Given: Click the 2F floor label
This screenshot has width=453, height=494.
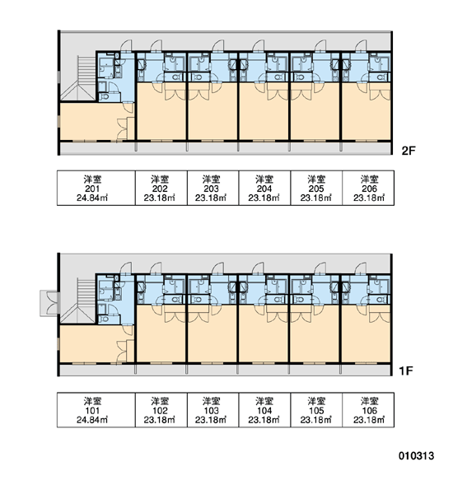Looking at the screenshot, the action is click(409, 151).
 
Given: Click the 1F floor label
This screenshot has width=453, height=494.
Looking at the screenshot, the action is click(406, 371).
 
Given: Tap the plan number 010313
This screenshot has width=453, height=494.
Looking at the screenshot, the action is click(416, 456).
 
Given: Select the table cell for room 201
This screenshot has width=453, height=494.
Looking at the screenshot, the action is click(96, 188).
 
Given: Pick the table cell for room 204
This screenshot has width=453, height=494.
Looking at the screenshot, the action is click(264, 188).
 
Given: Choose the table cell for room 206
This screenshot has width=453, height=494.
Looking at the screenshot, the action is click(368, 188).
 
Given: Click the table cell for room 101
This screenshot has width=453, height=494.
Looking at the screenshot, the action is click(96, 410).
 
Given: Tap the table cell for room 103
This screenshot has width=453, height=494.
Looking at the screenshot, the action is click(213, 410).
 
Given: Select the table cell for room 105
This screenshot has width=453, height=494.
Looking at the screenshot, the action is click(316, 410).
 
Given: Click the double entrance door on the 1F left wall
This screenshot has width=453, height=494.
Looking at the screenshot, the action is click(50, 303).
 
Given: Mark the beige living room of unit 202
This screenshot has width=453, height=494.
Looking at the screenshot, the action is click(161, 114).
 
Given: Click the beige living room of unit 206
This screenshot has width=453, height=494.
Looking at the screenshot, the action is click(366, 114).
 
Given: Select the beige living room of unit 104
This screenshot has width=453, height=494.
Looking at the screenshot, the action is click(264, 336).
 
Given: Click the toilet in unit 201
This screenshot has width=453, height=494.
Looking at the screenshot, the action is click(104, 96).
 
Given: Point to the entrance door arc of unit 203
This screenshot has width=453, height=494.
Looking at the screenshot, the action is click(217, 45).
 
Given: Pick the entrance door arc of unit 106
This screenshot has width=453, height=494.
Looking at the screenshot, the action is click(361, 268).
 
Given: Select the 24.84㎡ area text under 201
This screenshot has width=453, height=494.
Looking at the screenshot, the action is click(92, 198).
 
